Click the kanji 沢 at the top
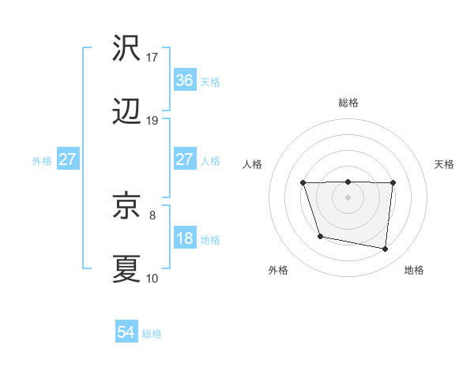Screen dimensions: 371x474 126,50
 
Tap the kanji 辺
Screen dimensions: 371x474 126,112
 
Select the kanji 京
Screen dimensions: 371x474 126,207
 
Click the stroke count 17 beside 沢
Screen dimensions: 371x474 152,58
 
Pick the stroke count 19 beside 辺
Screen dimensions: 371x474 152,121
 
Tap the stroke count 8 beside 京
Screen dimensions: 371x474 152,215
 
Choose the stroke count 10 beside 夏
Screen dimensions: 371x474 152,278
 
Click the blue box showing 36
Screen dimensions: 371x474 184,81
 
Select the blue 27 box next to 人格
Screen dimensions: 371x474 184,159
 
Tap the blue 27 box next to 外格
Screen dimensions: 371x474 68,159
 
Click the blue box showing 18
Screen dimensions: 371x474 184,238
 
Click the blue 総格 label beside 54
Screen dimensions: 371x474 152,334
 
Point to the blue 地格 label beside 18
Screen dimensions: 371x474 210,240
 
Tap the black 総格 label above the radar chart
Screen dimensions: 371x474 348,103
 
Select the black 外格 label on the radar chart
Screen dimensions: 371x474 278,270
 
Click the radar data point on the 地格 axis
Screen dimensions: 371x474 386,249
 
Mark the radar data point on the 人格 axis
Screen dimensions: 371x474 303,183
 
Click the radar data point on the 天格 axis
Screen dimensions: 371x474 393,182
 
